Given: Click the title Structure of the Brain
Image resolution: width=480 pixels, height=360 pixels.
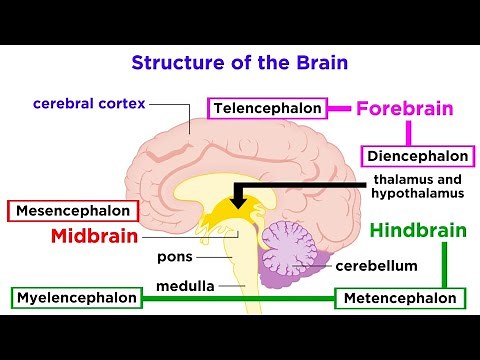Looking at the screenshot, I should click(x=239, y=61).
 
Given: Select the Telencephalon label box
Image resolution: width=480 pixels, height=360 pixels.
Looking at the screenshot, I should click(x=268, y=107).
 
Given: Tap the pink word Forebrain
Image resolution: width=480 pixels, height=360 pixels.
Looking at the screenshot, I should click(x=405, y=108).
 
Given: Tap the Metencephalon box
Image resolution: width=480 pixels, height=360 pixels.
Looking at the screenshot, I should click(x=400, y=298).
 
